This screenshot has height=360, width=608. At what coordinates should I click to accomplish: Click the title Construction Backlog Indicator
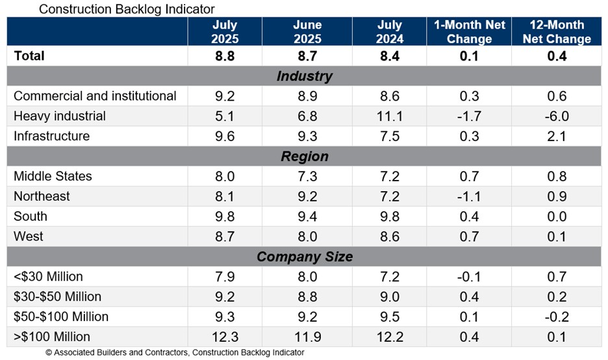127,9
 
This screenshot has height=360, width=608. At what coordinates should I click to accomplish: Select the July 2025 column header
225,32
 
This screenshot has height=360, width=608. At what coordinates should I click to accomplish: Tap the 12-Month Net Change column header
557,32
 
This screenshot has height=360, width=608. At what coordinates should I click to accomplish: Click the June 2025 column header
307,32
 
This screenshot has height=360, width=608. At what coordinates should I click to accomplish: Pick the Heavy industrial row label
60,116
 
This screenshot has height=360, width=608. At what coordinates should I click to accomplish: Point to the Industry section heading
304,76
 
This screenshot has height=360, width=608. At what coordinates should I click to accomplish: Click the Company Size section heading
304,257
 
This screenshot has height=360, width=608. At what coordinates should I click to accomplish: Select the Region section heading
304,157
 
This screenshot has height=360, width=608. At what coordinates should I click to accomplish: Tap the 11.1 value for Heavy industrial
390,116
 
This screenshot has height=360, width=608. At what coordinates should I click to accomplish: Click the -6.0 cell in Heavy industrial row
557,116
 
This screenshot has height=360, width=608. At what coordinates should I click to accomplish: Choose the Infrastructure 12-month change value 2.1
557,136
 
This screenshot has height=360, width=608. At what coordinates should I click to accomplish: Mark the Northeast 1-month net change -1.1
468,196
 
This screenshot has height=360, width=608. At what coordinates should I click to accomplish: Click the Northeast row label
42,196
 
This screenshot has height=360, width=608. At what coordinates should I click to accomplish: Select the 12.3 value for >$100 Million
225,337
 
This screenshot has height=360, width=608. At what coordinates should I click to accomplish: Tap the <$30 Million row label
48,277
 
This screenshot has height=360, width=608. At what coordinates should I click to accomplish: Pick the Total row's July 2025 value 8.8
225,56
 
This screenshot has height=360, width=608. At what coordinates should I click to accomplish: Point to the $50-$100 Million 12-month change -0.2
557,316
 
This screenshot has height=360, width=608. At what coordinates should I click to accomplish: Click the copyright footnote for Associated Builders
174,352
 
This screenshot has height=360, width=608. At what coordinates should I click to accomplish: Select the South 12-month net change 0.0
557,216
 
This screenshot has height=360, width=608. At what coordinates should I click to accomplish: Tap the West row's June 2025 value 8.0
307,237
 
